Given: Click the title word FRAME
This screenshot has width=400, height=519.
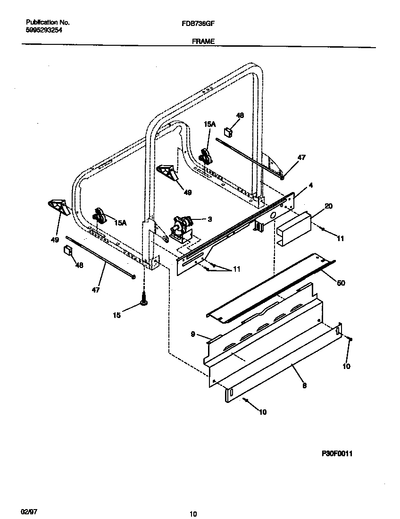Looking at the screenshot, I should tap(203, 42).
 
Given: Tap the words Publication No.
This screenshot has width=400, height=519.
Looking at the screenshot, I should tap(48, 22).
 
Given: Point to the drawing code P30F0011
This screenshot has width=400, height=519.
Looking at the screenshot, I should tap(337, 453).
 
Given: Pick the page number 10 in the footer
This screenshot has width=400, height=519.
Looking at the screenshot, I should tap(192, 514).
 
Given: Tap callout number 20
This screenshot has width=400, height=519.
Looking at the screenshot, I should tap(329, 206).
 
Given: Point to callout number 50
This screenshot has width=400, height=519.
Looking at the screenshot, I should tap(341, 283).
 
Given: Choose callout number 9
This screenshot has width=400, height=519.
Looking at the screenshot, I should tap(193, 334).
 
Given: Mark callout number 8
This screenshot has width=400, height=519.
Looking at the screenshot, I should tap(304, 385).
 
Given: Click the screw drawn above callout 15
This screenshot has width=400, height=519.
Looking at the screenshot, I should tap(143, 299).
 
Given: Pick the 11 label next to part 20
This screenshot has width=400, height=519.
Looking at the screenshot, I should tap(340, 239).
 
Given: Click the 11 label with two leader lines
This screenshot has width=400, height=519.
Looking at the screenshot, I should tap(236, 269).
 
